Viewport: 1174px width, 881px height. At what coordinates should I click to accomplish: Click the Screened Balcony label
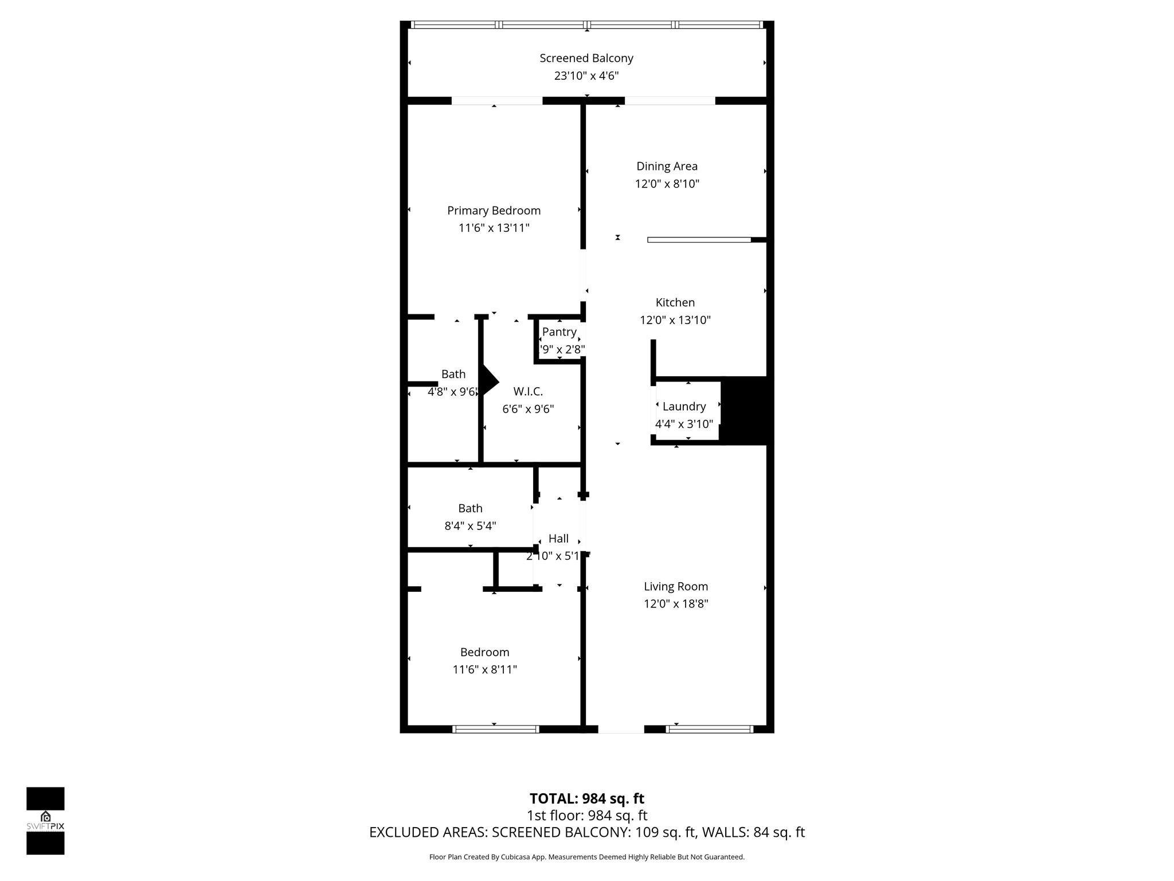pyautogui.click(x=586, y=58)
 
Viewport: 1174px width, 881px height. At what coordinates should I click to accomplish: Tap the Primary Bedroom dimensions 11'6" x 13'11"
pyautogui.click(x=494, y=228)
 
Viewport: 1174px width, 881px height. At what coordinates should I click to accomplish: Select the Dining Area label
pyautogui.click(x=667, y=166)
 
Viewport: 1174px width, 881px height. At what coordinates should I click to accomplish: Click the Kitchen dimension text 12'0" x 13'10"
pyautogui.click(x=675, y=320)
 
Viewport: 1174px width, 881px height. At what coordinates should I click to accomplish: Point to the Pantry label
pyautogui.click(x=559, y=332)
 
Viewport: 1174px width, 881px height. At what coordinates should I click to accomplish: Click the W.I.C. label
pyautogui.click(x=527, y=391)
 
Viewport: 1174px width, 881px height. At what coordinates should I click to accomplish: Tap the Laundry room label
pyautogui.click(x=683, y=406)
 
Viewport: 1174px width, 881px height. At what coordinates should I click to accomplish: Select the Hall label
pyautogui.click(x=558, y=538)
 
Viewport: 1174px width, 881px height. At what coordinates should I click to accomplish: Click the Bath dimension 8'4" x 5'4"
pyautogui.click(x=470, y=525)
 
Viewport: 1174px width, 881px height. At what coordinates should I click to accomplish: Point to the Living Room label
pyautogui.click(x=675, y=586)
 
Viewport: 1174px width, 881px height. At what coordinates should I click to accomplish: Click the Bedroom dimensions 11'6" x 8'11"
pyautogui.click(x=484, y=669)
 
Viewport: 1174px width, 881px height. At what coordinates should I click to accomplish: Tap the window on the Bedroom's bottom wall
pyautogui.click(x=496, y=729)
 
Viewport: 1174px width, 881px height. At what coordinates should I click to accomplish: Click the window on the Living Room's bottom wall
pyautogui.click(x=709, y=729)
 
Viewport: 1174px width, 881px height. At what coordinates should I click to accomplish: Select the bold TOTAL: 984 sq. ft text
pyautogui.click(x=586, y=798)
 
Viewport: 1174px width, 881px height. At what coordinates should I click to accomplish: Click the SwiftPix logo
pyautogui.click(x=45, y=820)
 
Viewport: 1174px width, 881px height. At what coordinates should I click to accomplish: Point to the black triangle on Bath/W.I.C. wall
pyautogui.click(x=489, y=381)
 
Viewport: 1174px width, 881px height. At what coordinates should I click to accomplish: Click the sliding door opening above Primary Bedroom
pyautogui.click(x=496, y=101)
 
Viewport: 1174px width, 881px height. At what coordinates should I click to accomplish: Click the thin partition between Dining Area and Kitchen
pyautogui.click(x=699, y=240)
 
